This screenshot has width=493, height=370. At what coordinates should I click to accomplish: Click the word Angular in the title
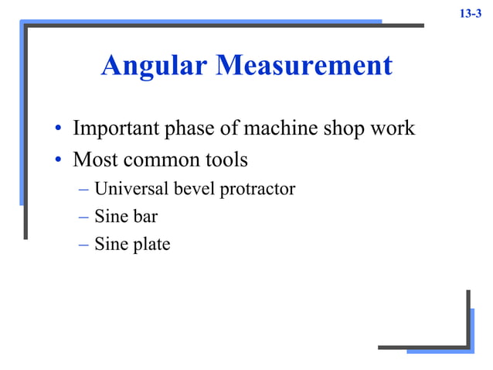point(155,66)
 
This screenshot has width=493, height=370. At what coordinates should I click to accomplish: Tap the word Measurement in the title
point(304,66)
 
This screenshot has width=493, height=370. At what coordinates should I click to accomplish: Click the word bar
point(144,217)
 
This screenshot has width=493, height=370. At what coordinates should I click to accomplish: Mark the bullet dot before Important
point(59,129)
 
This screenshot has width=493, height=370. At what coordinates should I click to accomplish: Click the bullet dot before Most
point(59,162)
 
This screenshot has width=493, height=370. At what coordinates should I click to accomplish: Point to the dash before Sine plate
point(83,245)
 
